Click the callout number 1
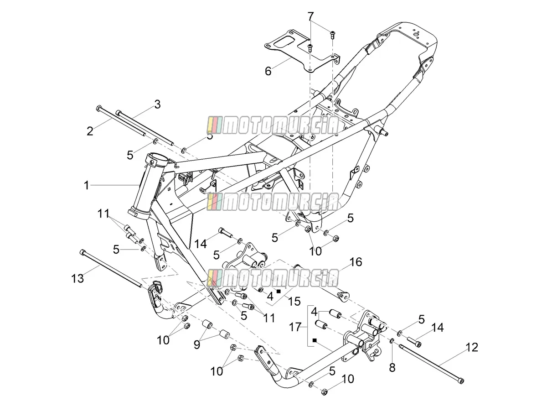tap(86, 185)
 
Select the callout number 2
tap(90, 131)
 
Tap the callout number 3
tap(157, 104)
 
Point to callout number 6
tap(268, 71)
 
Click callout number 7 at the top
tap(310, 17)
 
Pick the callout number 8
tap(392, 368)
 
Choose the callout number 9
tap(197, 344)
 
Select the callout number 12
tap(472, 347)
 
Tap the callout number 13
tap(77, 278)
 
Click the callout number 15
tap(294, 301)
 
